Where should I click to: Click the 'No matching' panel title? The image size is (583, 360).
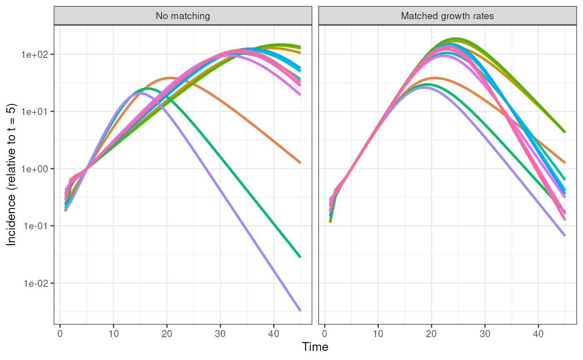(x=183, y=16)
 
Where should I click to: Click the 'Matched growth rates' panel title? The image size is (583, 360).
(x=447, y=16)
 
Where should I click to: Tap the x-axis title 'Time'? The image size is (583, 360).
(x=315, y=347)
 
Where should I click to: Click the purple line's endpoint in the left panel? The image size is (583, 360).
(x=300, y=310)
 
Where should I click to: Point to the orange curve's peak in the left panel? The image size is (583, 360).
(x=170, y=78)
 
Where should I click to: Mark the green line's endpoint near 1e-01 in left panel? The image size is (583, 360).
(x=300, y=257)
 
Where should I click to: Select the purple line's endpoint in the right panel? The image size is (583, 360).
(x=565, y=236)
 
